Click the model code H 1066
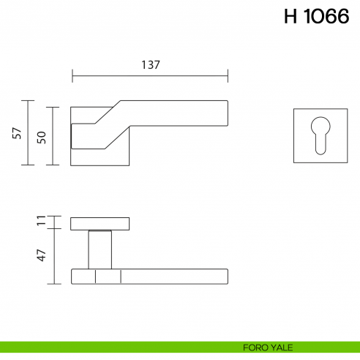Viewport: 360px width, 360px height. point(316,17)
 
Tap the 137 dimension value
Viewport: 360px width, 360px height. point(150,64)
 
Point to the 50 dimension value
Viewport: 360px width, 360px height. point(41,136)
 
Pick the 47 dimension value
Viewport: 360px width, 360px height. point(41,256)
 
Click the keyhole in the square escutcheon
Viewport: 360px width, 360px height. point(321,135)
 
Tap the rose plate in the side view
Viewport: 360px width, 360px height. point(100,223)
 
